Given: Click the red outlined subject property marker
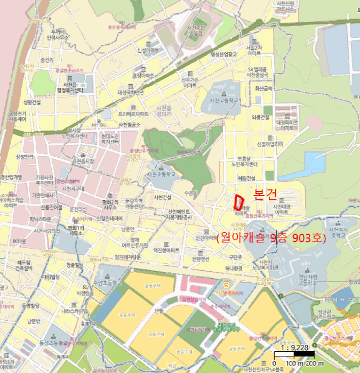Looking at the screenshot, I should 239,201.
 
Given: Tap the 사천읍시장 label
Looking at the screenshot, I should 83,160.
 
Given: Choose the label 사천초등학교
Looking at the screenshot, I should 161,174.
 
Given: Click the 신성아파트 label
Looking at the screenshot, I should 149,51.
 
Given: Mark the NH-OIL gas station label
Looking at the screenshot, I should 96,124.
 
